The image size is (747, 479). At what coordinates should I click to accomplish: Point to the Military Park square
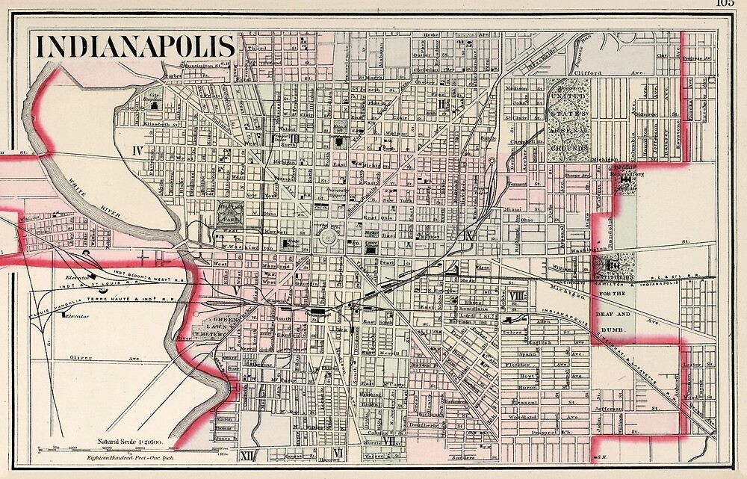click(230, 213)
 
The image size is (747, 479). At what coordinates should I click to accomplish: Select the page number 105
click(725, 4)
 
